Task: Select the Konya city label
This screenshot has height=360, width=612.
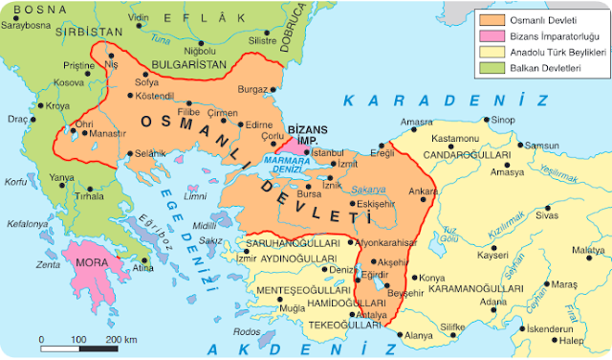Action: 421,279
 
